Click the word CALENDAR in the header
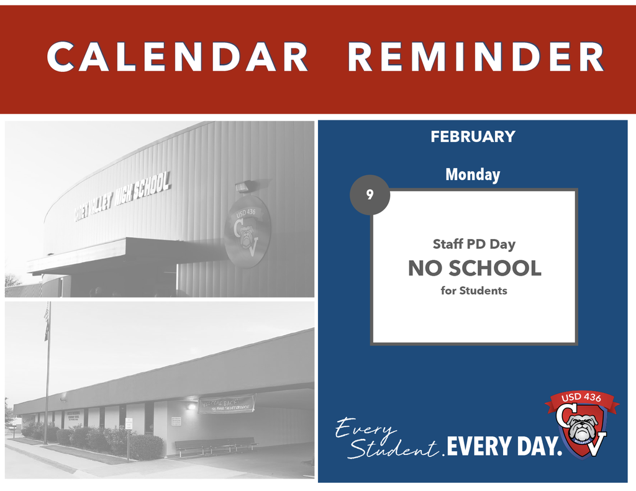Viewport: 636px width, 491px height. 177,57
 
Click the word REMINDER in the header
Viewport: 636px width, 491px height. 476,57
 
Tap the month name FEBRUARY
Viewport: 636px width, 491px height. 473,137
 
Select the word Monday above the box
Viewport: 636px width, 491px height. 473,175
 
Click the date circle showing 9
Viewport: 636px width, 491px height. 370,195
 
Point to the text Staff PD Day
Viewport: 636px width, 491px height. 474,244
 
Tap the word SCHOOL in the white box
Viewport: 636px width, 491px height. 494,268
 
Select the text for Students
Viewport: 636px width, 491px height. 474,291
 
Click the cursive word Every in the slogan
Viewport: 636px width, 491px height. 366,428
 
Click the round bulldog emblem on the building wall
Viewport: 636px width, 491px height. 247,232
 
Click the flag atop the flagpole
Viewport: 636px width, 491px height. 47,322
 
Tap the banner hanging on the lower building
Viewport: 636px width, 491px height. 226,404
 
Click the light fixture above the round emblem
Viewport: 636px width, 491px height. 243,187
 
